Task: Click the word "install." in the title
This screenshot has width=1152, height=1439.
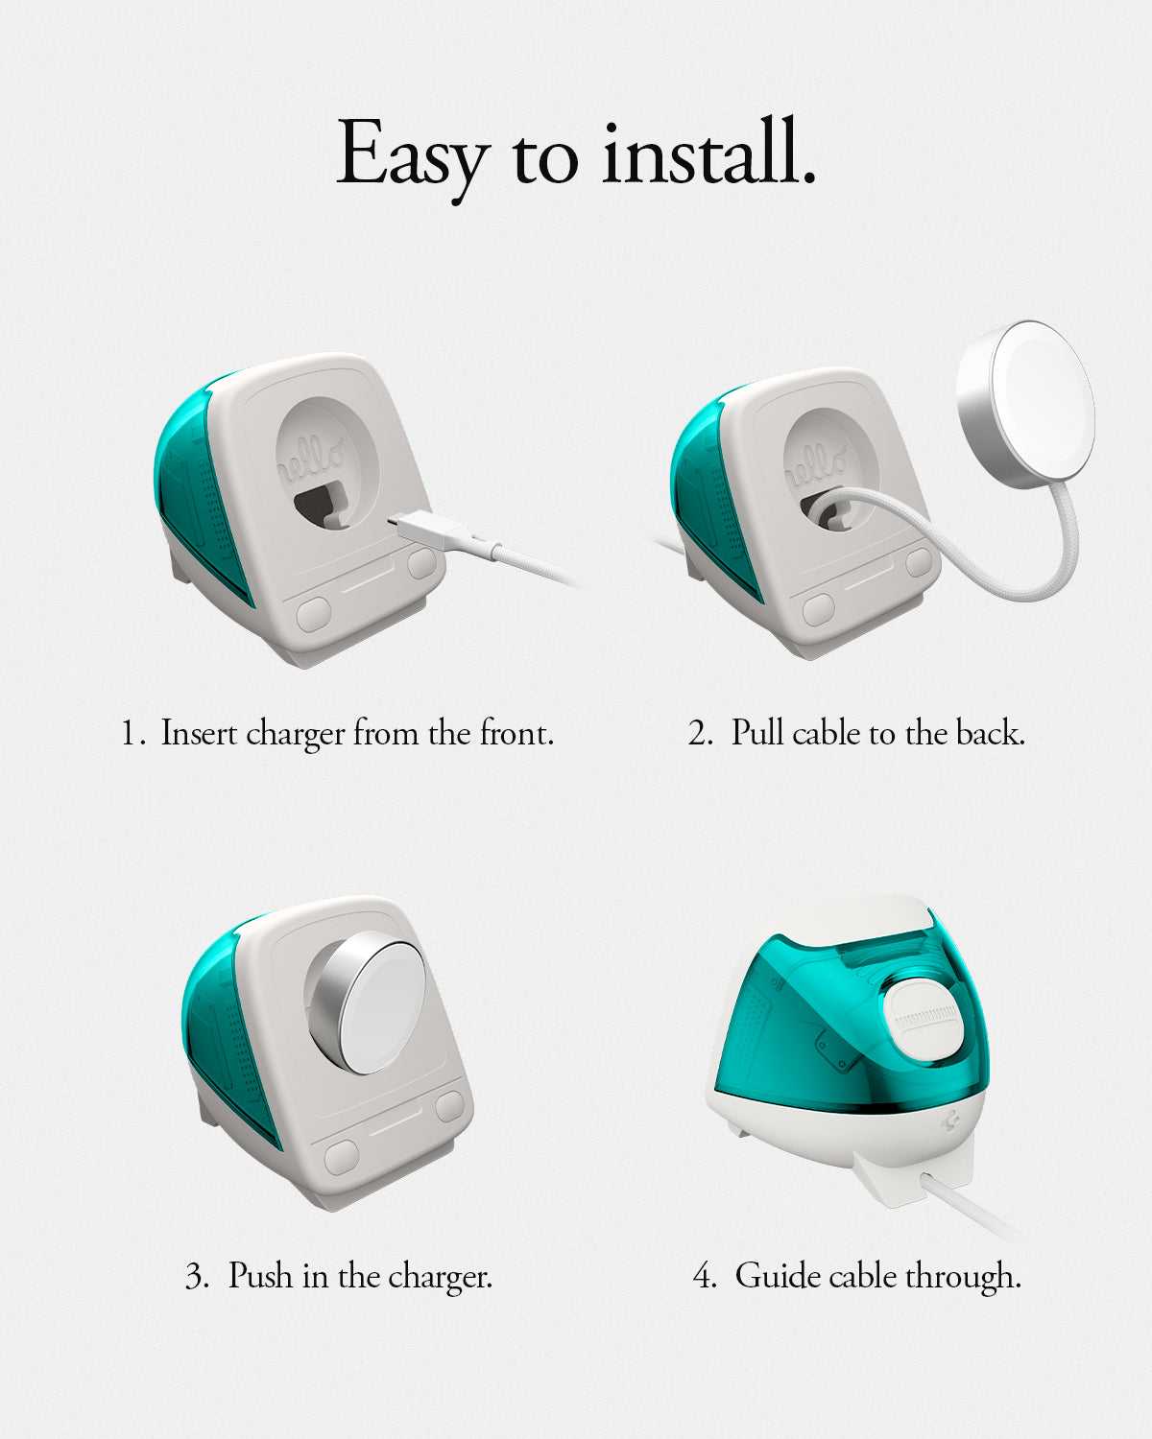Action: (708, 153)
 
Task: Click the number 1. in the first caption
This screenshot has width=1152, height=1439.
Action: (132, 734)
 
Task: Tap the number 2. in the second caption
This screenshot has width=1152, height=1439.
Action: (702, 734)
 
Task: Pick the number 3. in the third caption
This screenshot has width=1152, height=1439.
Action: (198, 1277)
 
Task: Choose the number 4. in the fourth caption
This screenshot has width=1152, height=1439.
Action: (705, 1277)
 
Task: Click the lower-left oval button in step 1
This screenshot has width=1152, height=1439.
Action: (313, 615)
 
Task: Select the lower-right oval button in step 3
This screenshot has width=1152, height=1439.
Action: (450, 1107)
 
